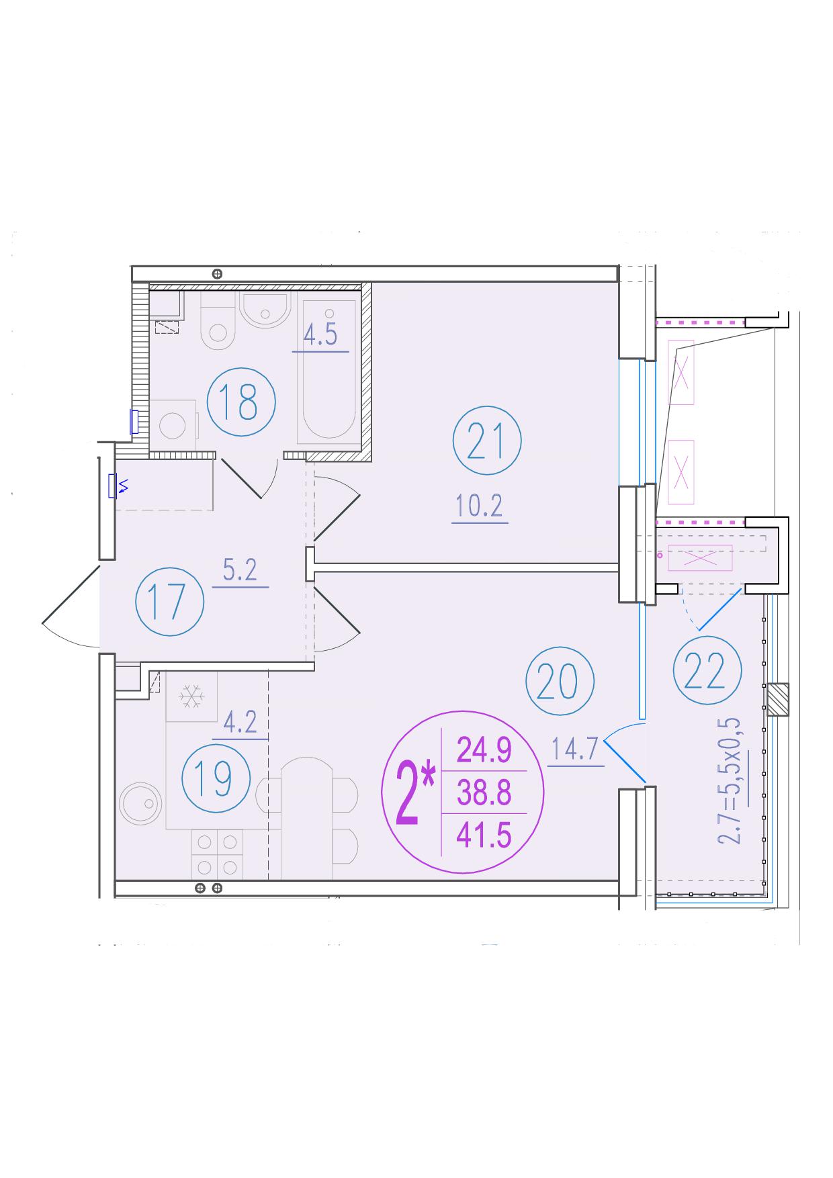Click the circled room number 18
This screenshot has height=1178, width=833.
click(x=241, y=402)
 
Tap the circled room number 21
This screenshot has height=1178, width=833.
click(x=487, y=441)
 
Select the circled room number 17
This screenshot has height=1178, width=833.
click(x=169, y=601)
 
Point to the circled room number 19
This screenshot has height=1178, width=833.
click(x=216, y=779)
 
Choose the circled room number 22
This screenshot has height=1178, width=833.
click(x=707, y=671)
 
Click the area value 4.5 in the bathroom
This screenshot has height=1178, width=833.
click(x=320, y=334)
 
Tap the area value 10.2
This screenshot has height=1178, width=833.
click(x=479, y=506)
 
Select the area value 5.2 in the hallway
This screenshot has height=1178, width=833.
click(x=240, y=570)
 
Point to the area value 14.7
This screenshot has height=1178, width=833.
click(x=575, y=749)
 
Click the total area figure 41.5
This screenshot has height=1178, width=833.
click(x=484, y=836)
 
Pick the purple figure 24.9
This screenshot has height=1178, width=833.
click(x=484, y=750)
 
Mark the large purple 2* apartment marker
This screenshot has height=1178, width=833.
click(x=416, y=794)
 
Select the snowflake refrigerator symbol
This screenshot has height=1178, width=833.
click(x=192, y=696)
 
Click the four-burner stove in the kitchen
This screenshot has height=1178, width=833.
click(x=217, y=854)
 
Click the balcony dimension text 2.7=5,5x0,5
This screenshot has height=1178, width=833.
click(x=730, y=780)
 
